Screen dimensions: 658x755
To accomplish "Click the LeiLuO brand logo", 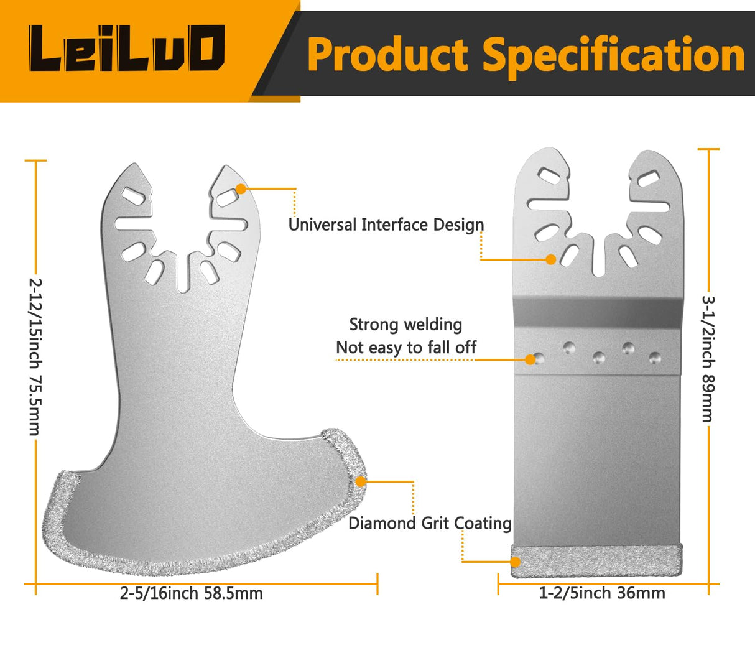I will pyautogui.click(x=127, y=49).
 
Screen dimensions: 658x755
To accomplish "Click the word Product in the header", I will pyautogui.click(x=387, y=55).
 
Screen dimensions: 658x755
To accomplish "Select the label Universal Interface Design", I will pyautogui.click(x=386, y=225).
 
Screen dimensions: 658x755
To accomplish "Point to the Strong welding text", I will pyautogui.click(x=405, y=324).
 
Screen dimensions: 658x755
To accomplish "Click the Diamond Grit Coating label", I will pyautogui.click(x=430, y=523).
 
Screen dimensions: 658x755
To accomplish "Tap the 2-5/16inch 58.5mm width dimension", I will pyautogui.click(x=192, y=593).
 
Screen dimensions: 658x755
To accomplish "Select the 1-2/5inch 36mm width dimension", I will pyautogui.click(x=602, y=593).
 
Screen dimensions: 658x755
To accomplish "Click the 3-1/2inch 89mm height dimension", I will pyautogui.click(x=708, y=359).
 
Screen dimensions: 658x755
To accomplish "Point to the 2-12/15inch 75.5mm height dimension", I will pyautogui.click(x=35, y=356).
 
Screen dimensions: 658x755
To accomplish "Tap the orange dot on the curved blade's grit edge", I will pyautogui.click(x=361, y=481).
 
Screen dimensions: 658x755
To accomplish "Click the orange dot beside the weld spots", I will pyautogui.click(x=530, y=359).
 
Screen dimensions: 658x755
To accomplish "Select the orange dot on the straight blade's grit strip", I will pyautogui.click(x=515, y=562).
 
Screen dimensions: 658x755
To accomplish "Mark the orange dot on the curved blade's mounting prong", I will pyautogui.click(x=240, y=188).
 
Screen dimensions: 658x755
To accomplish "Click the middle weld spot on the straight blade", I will pyautogui.click(x=598, y=358).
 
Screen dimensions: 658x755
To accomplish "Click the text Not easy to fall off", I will pyautogui.click(x=405, y=348).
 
